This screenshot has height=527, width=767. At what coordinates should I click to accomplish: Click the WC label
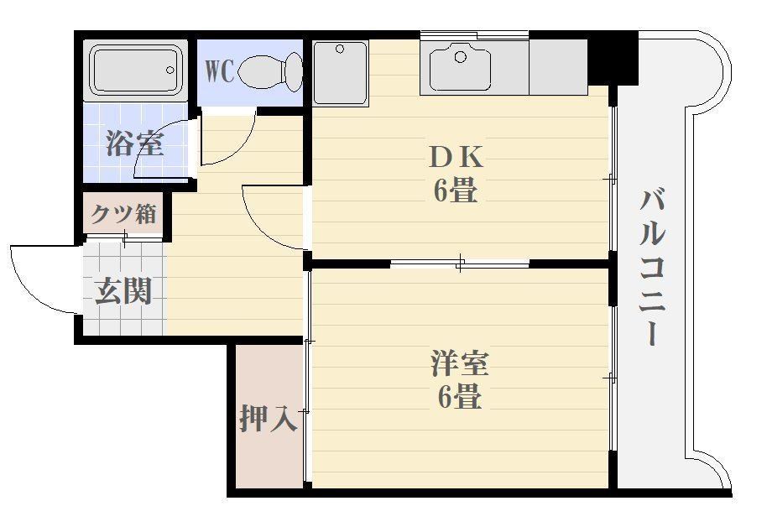point(219,70)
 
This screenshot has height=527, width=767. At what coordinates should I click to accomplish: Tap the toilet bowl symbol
point(271,70)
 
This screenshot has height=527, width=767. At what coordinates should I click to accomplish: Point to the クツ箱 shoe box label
point(124,214)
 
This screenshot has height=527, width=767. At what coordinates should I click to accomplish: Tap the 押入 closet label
point(268,417)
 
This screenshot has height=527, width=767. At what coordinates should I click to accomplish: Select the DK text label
point(456,156)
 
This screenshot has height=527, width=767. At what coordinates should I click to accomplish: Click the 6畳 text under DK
point(456,192)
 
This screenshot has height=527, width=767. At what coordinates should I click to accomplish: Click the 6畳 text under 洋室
point(459,397)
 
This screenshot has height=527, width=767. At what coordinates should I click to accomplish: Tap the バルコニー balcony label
point(655,267)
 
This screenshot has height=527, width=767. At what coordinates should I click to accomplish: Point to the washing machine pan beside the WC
point(340,72)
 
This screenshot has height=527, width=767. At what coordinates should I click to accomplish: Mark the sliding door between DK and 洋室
point(460,264)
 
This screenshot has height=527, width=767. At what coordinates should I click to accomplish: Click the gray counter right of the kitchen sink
point(558,67)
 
